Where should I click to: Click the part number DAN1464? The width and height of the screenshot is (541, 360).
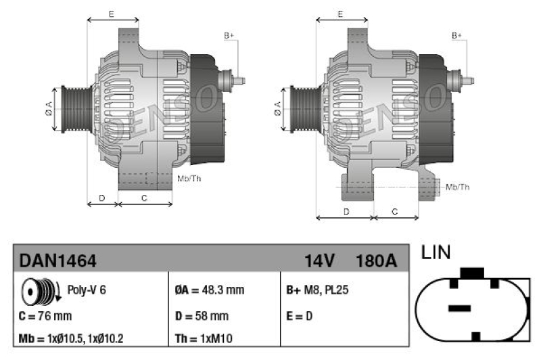(58, 260)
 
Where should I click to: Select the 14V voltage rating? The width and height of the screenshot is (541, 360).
(319, 260)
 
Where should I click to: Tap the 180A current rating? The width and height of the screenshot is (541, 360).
(375, 260)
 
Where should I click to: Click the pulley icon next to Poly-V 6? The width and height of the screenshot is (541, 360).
(38, 291)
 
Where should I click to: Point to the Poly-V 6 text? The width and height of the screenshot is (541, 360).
(87, 290)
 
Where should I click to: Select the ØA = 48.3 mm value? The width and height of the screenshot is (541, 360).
(209, 290)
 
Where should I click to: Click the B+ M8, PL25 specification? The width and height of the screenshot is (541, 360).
(317, 290)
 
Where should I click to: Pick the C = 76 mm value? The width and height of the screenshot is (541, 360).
(45, 316)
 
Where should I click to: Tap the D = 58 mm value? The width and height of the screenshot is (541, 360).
(202, 316)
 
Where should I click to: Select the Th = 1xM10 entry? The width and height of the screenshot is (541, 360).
(204, 338)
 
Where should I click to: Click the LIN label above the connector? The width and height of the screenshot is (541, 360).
(436, 253)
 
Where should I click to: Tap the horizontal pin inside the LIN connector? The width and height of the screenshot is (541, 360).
(459, 308)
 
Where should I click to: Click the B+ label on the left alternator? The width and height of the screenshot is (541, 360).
(229, 35)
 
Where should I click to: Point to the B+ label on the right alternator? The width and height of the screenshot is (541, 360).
(457, 35)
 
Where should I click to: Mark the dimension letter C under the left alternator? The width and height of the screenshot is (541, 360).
(144, 198)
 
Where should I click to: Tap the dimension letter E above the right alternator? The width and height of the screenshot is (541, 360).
(341, 14)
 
